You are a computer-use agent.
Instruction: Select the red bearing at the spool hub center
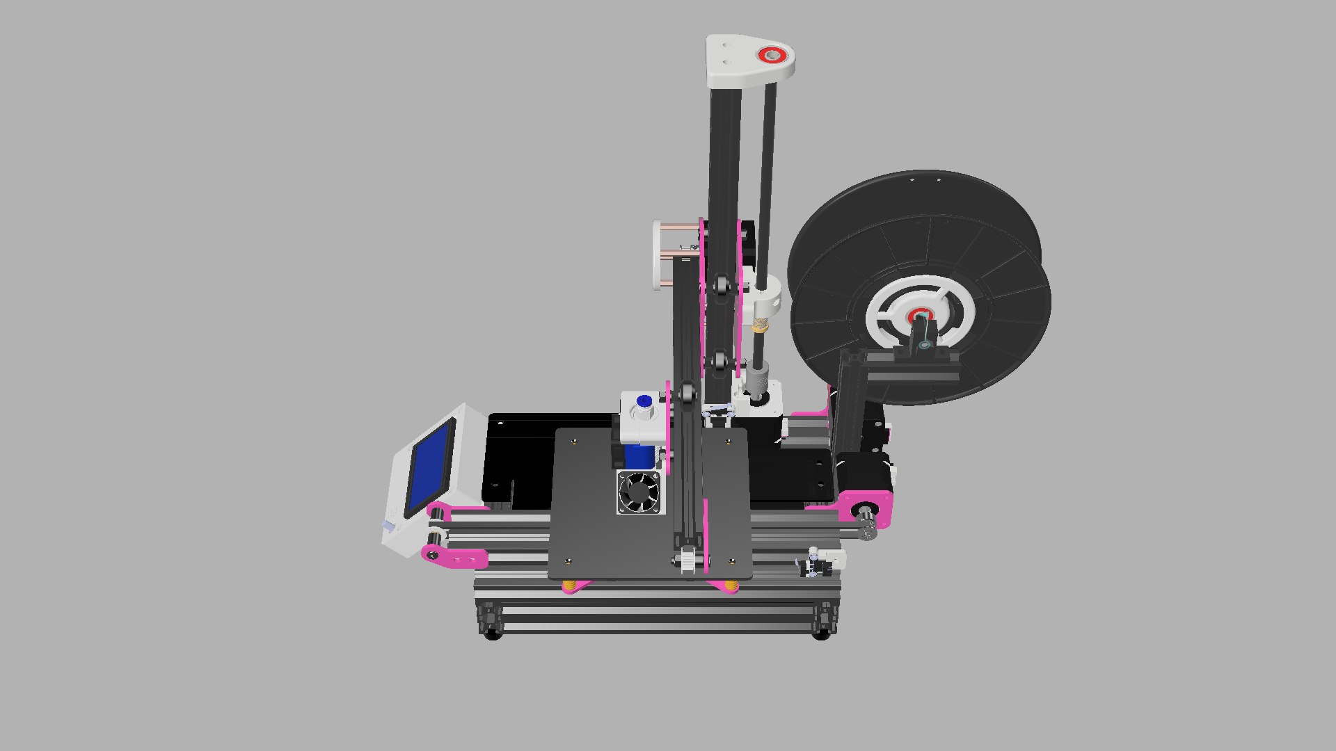point(920,316)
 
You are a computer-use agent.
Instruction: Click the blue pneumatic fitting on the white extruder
point(644,401)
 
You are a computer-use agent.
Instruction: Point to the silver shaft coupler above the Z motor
point(755,380)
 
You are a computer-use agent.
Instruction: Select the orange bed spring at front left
point(570,588)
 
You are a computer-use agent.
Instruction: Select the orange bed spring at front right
point(730,588)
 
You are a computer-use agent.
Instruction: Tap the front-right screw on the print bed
point(731,560)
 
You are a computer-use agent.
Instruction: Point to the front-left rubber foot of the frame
point(493,633)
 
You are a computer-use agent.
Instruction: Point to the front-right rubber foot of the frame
point(821,633)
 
